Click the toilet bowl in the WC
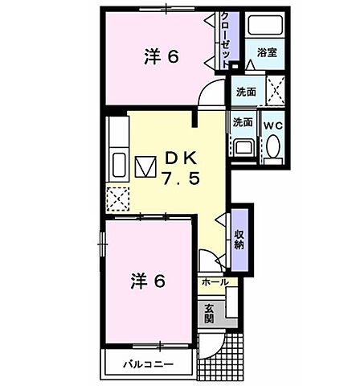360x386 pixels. pos(272,148)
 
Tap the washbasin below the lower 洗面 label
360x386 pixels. pos(243,146)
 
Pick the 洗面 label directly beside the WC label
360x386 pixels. pos(243,124)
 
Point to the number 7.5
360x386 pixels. pos(182,178)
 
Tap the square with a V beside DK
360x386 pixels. pos(145,167)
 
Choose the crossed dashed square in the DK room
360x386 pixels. pos(119,197)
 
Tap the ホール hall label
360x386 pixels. pos(214,283)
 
